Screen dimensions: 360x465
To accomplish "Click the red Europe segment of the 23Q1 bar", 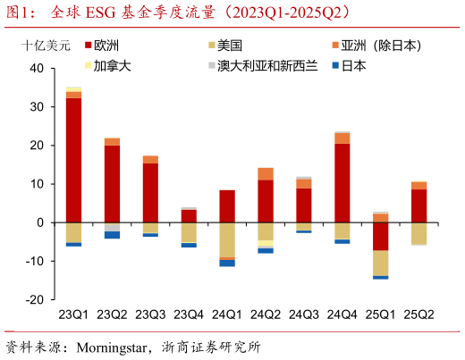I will click(73, 160).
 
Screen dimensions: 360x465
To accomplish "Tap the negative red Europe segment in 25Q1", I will click(381, 236).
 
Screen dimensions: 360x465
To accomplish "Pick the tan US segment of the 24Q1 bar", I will click(227, 239).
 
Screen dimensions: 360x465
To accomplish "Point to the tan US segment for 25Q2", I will click(419, 233).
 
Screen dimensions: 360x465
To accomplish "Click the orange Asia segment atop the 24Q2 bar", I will click(266, 174).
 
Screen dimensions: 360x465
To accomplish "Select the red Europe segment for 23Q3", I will click(150, 192).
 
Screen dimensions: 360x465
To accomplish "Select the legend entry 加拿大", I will click(114, 66).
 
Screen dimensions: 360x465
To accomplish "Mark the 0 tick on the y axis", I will click(39, 222).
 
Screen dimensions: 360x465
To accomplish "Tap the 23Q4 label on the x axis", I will click(189, 314).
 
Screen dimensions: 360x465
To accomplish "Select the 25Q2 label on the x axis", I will click(419, 314).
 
